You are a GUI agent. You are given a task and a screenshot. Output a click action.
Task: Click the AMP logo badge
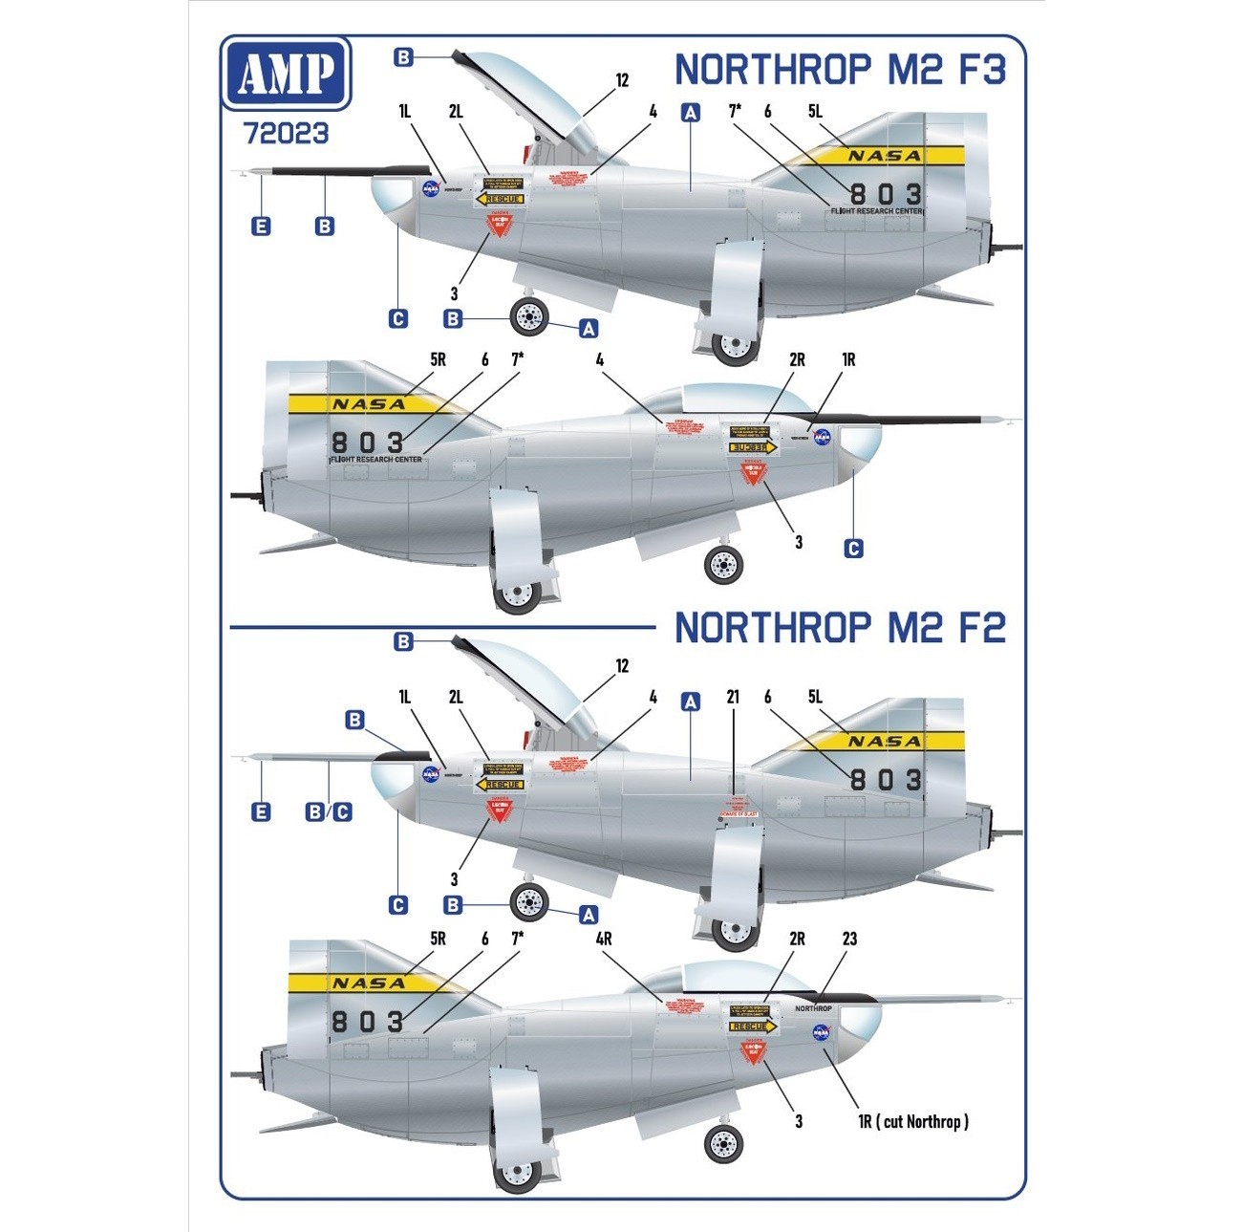[286, 74]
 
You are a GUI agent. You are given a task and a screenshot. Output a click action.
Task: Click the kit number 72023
[286, 133]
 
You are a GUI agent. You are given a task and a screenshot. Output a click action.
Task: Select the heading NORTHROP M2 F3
[840, 70]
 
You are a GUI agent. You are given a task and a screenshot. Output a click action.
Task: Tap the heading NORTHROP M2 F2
[840, 628]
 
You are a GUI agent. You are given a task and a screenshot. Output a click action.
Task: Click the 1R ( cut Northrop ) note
[913, 1121]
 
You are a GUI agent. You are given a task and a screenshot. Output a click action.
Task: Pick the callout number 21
[733, 697]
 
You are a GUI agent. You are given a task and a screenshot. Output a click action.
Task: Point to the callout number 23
[849, 939]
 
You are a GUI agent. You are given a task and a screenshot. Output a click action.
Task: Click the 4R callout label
[604, 939]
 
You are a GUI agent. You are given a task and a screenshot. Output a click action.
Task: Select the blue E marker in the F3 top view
[260, 227]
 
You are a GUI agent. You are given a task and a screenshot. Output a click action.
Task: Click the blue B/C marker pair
[329, 811]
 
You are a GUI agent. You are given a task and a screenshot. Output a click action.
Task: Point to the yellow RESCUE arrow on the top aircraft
[500, 199]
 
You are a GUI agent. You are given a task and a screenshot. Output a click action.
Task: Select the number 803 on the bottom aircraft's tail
[368, 1021]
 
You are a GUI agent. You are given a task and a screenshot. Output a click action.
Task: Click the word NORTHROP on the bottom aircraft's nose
[813, 1008]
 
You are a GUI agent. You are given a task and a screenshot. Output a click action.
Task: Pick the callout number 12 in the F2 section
[622, 665]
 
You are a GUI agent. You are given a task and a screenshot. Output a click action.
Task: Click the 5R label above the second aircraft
[438, 359]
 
